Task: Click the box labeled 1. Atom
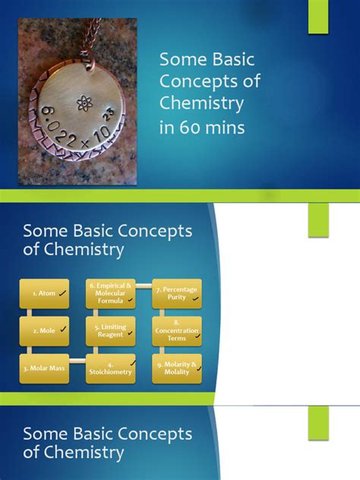pyautogui.click(x=44, y=292)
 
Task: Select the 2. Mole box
pyautogui.click(x=44, y=330)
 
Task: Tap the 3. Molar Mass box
pyautogui.click(x=44, y=368)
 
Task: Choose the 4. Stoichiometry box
pyautogui.click(x=111, y=368)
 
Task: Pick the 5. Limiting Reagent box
pyautogui.click(x=111, y=330)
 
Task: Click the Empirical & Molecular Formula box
pyautogui.click(x=111, y=292)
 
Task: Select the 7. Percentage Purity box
pyautogui.click(x=177, y=292)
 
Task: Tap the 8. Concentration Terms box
pyautogui.click(x=177, y=330)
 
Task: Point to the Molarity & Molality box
pyautogui.click(x=177, y=368)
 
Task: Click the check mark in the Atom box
pyautogui.click(x=62, y=292)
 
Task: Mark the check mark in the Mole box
pyautogui.click(x=63, y=330)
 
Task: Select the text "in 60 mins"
pyautogui.click(x=202, y=128)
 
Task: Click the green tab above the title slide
pyautogui.click(x=318, y=17)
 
